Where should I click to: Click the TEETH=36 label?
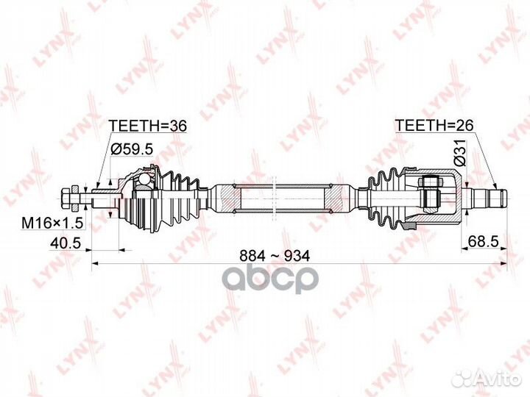[x=147, y=126]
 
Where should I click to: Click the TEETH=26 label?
[x=434, y=125]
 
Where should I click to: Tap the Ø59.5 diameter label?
[x=132, y=149]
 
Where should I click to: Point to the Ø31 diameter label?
[x=459, y=152]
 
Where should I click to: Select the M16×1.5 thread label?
[x=52, y=223]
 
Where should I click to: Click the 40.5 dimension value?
[x=66, y=243]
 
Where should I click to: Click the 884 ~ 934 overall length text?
[x=274, y=257]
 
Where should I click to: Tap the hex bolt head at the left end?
[x=66, y=199]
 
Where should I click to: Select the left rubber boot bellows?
[x=177, y=199]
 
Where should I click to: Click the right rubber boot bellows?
[x=387, y=198]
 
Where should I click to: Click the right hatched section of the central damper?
[x=333, y=198]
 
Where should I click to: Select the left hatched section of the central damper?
[x=231, y=198]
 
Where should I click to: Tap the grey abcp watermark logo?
[x=273, y=279]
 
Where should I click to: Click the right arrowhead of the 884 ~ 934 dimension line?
[x=504, y=263]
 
